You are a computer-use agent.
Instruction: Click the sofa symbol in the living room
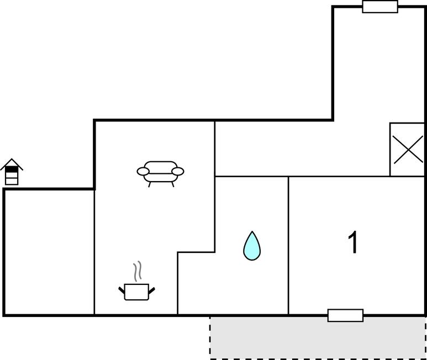[160, 171]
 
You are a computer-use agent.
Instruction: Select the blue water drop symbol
[252, 247]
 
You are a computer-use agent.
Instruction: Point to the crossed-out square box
[407, 150]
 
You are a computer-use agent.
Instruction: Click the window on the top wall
[380, 7]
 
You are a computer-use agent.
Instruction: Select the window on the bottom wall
[345, 315]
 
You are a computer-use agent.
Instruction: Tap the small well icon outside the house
[12, 172]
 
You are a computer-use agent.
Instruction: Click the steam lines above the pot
[138, 271]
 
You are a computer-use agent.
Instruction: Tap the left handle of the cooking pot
[122, 289]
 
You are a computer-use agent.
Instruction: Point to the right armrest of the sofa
[177, 171]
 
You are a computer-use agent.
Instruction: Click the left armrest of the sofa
[143, 172]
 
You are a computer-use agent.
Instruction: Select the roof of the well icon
[12, 165]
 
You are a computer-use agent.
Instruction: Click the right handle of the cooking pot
[151, 289]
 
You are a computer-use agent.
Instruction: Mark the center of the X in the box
[407, 150]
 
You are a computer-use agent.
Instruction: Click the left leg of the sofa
[149, 184]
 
